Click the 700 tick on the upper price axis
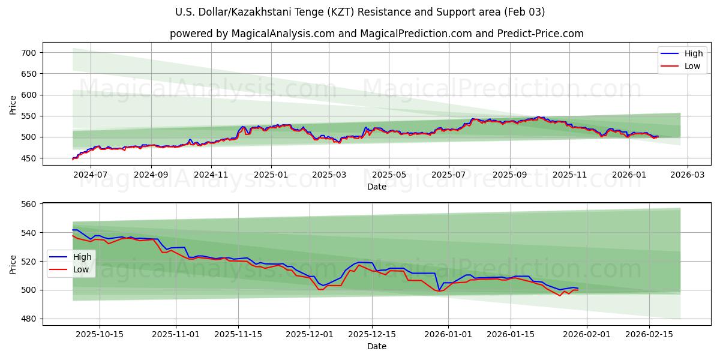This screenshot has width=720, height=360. coord(29,53)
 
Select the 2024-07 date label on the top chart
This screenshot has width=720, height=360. coord(90,175)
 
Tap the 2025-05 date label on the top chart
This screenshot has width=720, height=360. coord(388,175)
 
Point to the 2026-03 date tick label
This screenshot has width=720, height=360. coord(687,175)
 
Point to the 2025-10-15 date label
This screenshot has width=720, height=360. coord(99,334)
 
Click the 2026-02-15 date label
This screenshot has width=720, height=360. coord(649,334)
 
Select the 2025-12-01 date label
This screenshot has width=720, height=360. coord(310,334)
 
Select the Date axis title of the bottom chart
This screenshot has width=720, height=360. coord(376,346)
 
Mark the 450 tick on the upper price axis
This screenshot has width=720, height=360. coord(29,158)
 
